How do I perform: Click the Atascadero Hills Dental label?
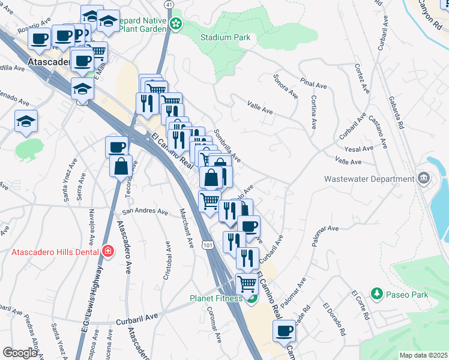point(56,251)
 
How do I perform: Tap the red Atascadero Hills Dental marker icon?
point(107,251)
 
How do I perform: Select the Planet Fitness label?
point(216,298)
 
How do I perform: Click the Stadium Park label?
point(225,37)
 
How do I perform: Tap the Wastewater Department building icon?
point(423,178)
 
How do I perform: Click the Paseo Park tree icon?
point(377,293)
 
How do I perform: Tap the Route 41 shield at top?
point(169,4)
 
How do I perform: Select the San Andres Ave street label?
point(145,211)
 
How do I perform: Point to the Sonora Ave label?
point(286,86)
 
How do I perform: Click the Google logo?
point(20,353)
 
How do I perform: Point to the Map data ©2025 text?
point(423,355)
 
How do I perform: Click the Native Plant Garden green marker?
point(176,24)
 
